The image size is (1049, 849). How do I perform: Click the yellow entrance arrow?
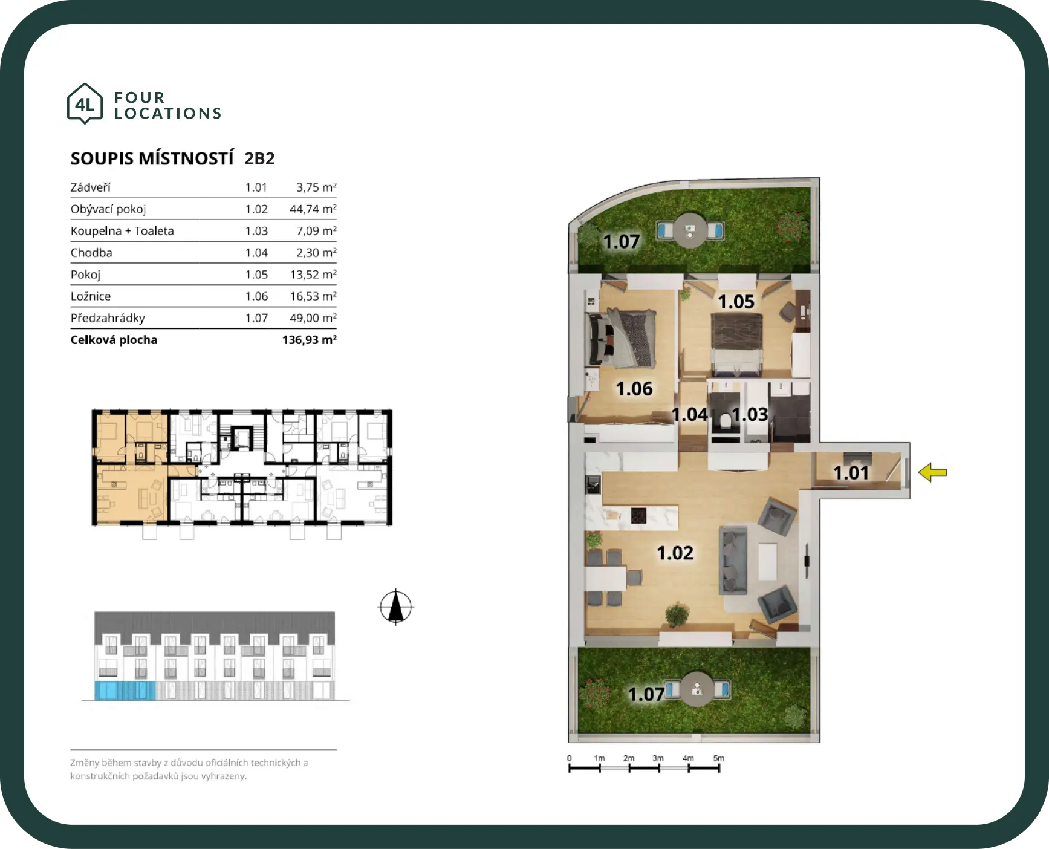pyautogui.click(x=932, y=472)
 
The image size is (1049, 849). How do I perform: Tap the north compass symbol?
pyautogui.click(x=396, y=607)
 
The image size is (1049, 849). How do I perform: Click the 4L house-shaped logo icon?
pyautogui.click(x=85, y=104)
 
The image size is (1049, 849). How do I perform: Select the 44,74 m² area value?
pyautogui.click(x=313, y=209)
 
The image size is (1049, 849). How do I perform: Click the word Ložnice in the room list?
pyautogui.click(x=91, y=296)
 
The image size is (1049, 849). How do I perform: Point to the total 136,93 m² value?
pyautogui.click(x=310, y=340)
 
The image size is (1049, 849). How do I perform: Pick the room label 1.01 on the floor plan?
pyautogui.click(x=851, y=472)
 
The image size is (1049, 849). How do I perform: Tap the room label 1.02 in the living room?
pyautogui.click(x=675, y=553)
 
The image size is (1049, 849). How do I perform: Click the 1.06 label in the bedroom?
pyautogui.click(x=634, y=388)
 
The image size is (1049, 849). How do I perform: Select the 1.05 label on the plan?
pyautogui.click(x=736, y=301)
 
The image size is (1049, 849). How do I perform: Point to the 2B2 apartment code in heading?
pyautogui.click(x=259, y=158)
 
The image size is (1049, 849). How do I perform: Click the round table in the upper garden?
pyautogui.click(x=690, y=230)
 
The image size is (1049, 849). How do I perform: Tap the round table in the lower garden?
pyautogui.click(x=697, y=689)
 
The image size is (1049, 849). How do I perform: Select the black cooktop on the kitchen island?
pyautogui.click(x=638, y=516)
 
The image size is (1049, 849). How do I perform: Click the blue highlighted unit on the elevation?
pyautogui.click(x=125, y=690)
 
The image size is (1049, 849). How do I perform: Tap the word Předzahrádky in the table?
pyautogui.click(x=108, y=318)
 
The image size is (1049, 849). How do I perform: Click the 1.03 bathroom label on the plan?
pyautogui.click(x=750, y=414)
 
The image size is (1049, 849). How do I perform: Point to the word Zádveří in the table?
pyautogui.click(x=91, y=187)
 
